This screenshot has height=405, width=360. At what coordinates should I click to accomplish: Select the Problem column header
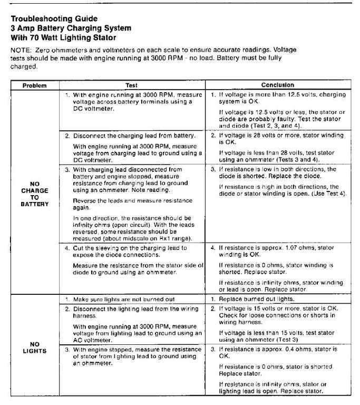[x=34, y=85]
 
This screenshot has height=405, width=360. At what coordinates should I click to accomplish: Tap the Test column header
[x=131, y=85]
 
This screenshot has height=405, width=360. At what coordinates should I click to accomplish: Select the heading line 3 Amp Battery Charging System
[x=71, y=28]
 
